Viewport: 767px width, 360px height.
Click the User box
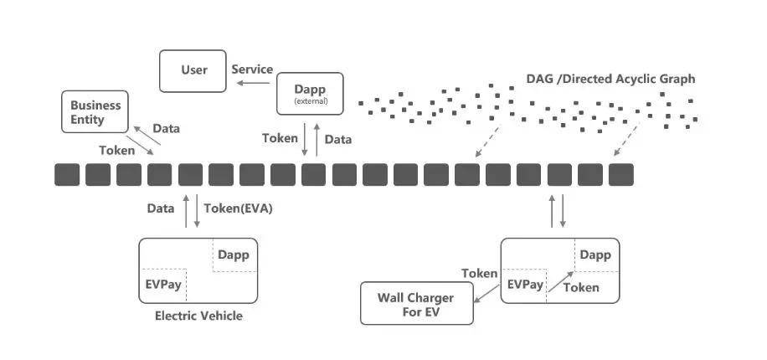click(x=193, y=70)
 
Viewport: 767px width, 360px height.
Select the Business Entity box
click(x=95, y=112)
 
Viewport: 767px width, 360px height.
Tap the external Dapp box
click(x=311, y=93)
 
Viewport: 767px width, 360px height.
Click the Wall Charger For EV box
click(x=415, y=304)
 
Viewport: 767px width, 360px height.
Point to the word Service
click(x=252, y=69)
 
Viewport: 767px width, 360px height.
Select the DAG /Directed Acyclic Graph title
click(x=610, y=79)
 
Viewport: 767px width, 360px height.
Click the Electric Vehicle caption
click(x=198, y=316)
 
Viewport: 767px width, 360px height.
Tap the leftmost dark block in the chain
click(x=66, y=174)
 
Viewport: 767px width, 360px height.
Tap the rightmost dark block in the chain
click(x=621, y=174)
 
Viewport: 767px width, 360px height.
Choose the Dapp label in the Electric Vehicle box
click(x=234, y=255)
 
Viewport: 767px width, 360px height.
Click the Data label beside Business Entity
click(x=166, y=129)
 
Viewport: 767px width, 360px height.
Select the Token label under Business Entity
click(x=116, y=151)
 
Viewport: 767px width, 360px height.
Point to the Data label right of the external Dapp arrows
click(x=338, y=139)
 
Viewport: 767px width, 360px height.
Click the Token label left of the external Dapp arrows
click(x=279, y=138)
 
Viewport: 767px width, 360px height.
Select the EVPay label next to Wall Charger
click(x=526, y=285)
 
